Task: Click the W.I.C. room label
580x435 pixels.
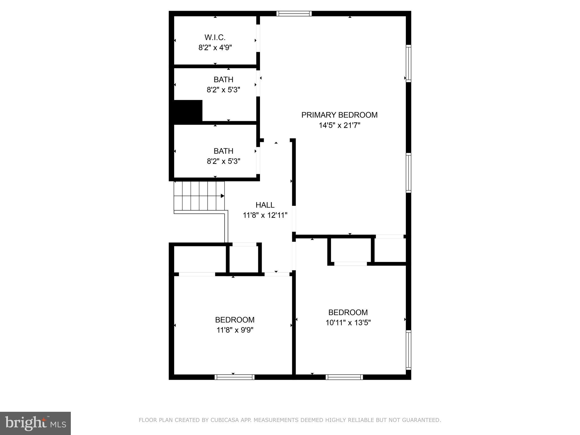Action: [x=215, y=37]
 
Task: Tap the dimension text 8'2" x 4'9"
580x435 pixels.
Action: [x=215, y=48]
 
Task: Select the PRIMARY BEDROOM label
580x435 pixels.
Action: [x=339, y=115]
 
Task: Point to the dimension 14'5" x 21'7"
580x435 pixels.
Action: [x=339, y=125]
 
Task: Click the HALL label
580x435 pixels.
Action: [x=265, y=205]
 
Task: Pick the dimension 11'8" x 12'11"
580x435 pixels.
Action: [x=265, y=215]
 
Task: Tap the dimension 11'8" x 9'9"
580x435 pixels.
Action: [x=235, y=330]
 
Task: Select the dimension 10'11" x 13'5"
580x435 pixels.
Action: [x=348, y=323]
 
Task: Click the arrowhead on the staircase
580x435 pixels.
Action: [x=223, y=196]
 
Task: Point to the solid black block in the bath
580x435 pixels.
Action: [x=188, y=112]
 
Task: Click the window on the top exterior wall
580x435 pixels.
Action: [x=294, y=14]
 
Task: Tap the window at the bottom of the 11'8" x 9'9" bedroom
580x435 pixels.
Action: [x=234, y=377]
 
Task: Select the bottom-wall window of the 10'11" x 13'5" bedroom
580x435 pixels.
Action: [x=344, y=377]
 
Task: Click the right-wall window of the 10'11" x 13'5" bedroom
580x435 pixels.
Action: [x=408, y=350]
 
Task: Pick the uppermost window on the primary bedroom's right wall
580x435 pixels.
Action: [x=408, y=63]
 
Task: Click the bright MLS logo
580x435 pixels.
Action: [x=35, y=423]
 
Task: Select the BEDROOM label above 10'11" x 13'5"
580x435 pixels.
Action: [x=348, y=312]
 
